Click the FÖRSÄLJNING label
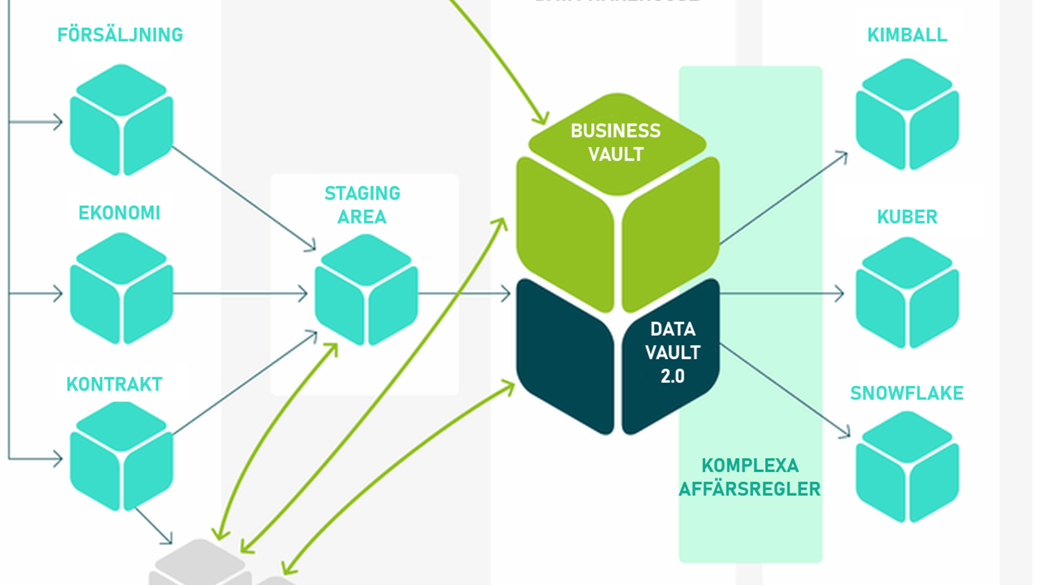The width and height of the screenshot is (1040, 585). pyautogui.click(x=120, y=35)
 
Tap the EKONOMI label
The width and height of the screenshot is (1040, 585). pyautogui.click(x=119, y=213)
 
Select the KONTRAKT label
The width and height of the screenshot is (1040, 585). pyautogui.click(x=114, y=384)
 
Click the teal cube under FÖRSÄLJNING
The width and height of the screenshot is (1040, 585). pyautogui.click(x=121, y=120)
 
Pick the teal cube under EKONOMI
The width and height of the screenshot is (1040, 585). pyautogui.click(x=121, y=289)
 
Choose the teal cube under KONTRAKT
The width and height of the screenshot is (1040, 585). pyautogui.click(x=121, y=457)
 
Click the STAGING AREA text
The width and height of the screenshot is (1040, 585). pyautogui.click(x=362, y=205)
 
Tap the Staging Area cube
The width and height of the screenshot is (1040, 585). pyautogui.click(x=366, y=290)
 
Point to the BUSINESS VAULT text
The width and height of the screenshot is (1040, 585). pyautogui.click(x=616, y=142)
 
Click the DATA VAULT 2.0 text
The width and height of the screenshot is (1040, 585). pyautogui.click(x=673, y=353)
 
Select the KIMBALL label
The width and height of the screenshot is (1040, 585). pyautogui.click(x=907, y=35)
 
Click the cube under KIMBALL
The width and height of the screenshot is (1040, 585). pyautogui.click(x=907, y=115)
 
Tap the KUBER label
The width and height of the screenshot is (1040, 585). pyautogui.click(x=907, y=217)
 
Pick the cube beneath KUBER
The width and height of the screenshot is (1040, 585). pyautogui.click(x=907, y=293)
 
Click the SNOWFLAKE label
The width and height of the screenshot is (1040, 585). pyautogui.click(x=907, y=393)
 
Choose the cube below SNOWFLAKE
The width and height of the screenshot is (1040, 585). pyautogui.click(x=907, y=467)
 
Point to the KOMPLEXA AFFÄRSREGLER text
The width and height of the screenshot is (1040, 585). pyautogui.click(x=750, y=477)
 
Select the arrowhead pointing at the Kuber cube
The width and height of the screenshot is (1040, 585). pyautogui.click(x=840, y=294)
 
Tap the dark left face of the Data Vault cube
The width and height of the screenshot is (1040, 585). pyautogui.click(x=563, y=357)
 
